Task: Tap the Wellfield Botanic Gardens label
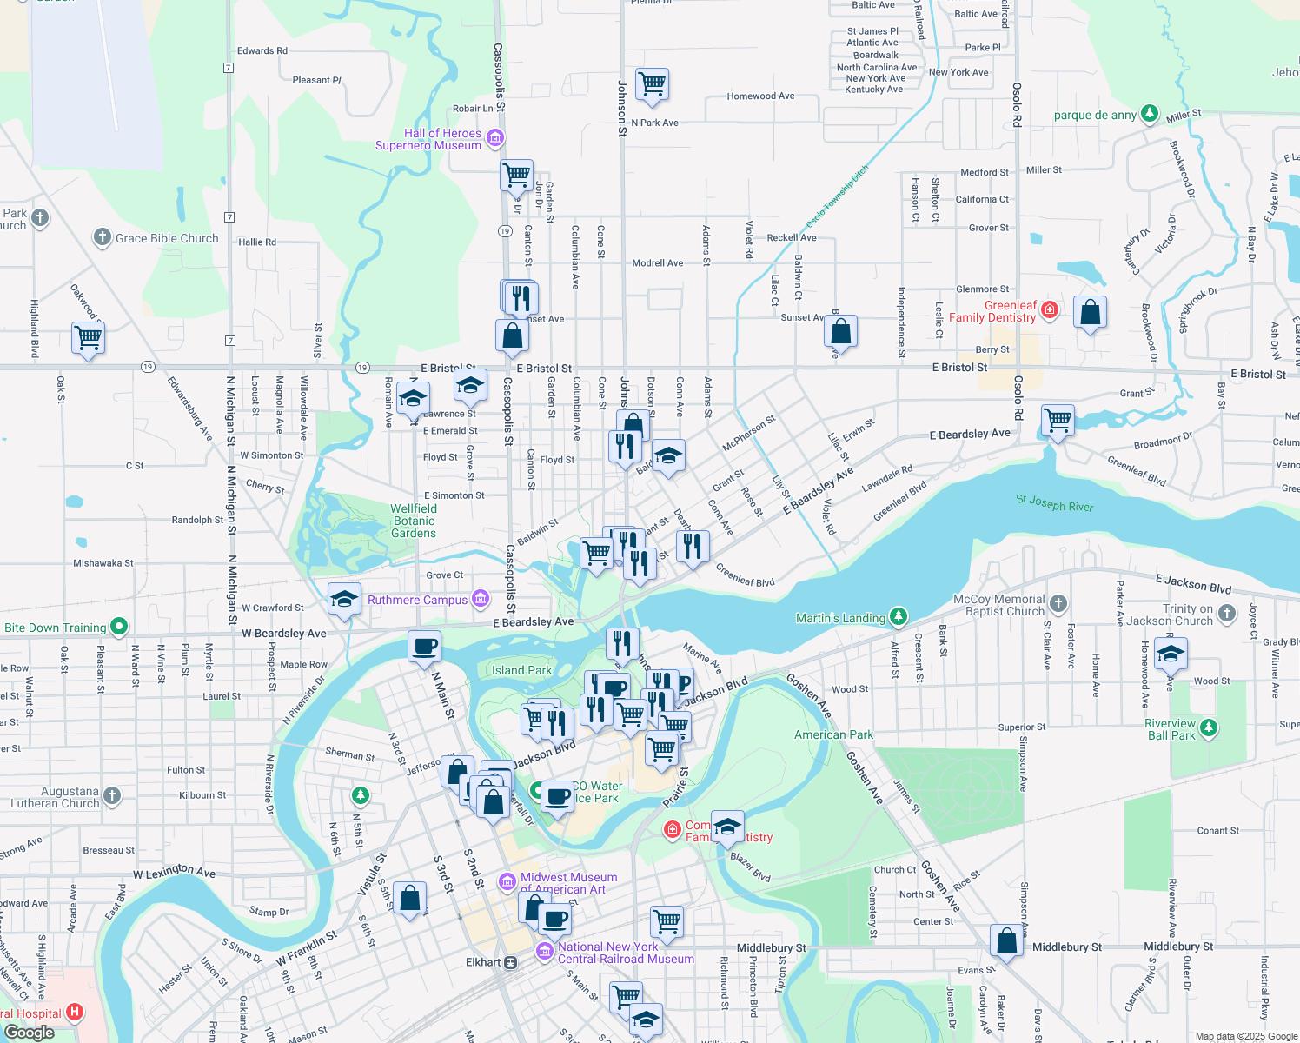pyautogui.click(x=414, y=521)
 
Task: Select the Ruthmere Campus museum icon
pyautogui.click(x=481, y=599)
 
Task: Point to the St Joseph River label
pyautogui.click(x=1055, y=503)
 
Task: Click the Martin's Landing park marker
pyautogui.click(x=899, y=617)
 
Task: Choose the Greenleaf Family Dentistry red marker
pyautogui.click(x=1050, y=309)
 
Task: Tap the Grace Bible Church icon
pyautogui.click(x=102, y=237)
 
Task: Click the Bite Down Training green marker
pyautogui.click(x=119, y=626)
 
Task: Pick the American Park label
pyautogui.click(x=833, y=734)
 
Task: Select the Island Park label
pyautogui.click(x=521, y=670)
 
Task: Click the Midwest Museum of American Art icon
pyautogui.click(x=507, y=882)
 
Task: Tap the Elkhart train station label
pyautogui.click(x=483, y=962)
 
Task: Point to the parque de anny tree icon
pyautogui.click(x=1150, y=113)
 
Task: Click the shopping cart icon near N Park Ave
pyautogui.click(x=652, y=84)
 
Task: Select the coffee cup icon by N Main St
pyautogui.click(x=425, y=647)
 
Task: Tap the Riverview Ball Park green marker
pyautogui.click(x=1208, y=727)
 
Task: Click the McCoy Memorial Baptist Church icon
pyautogui.click(x=1058, y=603)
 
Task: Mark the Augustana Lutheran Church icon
pyautogui.click(x=112, y=794)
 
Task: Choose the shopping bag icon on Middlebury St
pyautogui.click(x=1006, y=940)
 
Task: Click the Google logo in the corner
pyautogui.click(x=29, y=1033)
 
